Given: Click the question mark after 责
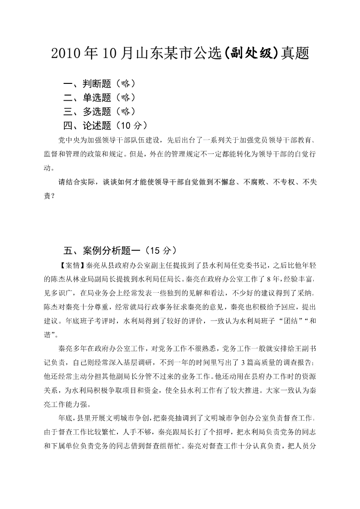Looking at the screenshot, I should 55,197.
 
